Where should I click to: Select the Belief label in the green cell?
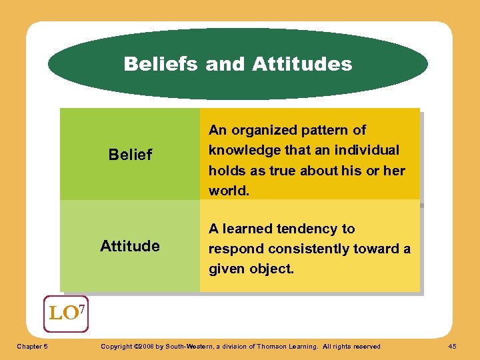(x=130, y=155)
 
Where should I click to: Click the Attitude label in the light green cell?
(x=130, y=246)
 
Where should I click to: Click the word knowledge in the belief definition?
(x=243, y=150)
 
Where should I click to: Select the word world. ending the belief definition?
(x=229, y=191)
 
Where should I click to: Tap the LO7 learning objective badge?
(x=65, y=313)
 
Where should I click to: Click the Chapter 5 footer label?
(x=31, y=346)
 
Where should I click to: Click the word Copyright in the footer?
(x=115, y=346)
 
